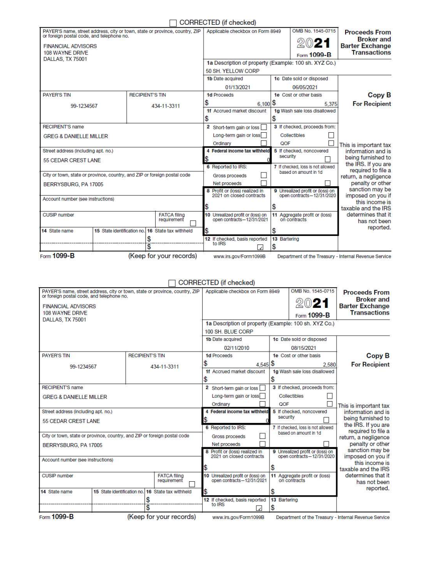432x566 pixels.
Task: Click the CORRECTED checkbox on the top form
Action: point(173,23)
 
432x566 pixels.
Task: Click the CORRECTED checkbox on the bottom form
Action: point(172,283)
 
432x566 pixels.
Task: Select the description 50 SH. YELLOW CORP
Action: point(232,71)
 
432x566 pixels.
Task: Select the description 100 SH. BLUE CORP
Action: point(229,331)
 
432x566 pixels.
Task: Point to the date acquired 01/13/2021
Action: point(238,87)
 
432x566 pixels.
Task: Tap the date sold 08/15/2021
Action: point(304,348)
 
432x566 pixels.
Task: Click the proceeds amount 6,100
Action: point(263,104)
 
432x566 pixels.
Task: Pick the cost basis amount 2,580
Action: point(329,365)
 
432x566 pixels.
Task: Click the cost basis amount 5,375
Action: point(330,104)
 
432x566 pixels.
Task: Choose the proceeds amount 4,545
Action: point(262,365)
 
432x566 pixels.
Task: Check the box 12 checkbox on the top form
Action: point(260,247)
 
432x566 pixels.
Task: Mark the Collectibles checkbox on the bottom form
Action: point(330,396)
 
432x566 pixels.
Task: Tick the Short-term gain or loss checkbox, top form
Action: point(263,127)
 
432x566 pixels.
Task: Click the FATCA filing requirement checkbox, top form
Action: point(193,223)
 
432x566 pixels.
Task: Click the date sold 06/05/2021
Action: point(305,87)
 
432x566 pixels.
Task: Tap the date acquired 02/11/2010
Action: point(237,348)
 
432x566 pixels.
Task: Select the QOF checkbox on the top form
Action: point(331,143)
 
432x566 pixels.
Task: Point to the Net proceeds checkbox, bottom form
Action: point(262,444)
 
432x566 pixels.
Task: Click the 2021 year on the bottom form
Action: point(312,303)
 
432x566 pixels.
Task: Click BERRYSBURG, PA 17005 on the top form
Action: point(73,185)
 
